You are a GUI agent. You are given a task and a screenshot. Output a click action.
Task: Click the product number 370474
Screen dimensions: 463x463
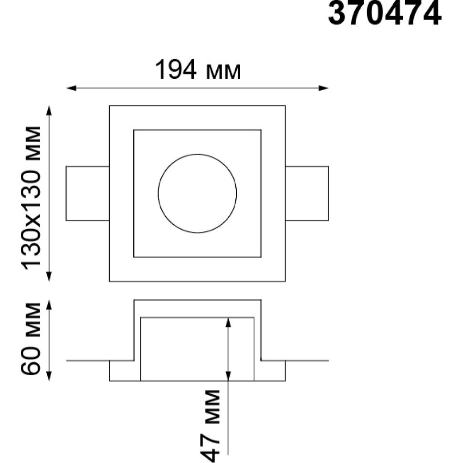click(385, 13)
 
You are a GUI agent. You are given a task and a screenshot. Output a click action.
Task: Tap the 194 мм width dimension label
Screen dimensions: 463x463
click(198, 70)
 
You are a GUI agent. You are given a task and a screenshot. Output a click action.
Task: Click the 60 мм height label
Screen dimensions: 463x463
click(30, 338)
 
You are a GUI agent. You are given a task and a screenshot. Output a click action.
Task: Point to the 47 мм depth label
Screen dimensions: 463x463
click(210, 425)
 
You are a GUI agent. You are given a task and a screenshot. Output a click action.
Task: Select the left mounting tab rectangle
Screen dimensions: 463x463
click(66, 193)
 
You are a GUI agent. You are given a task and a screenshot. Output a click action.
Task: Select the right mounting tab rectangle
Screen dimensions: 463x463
click(328, 193)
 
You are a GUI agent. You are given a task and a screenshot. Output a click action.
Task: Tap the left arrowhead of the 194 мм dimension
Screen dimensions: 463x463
click(71, 88)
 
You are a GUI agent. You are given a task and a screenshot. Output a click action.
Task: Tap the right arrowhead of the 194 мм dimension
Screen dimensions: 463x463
click(323, 88)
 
